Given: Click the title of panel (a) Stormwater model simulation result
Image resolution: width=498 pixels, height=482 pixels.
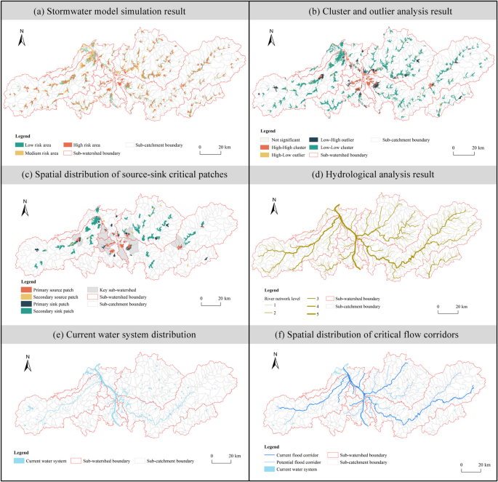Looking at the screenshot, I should click(x=124, y=11).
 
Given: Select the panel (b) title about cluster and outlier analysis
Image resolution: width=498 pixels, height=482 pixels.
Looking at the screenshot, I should click(x=373, y=11).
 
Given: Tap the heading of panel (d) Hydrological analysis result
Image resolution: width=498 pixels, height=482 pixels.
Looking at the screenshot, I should click(x=373, y=174).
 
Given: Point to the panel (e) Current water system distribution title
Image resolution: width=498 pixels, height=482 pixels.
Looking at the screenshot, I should click(x=124, y=334).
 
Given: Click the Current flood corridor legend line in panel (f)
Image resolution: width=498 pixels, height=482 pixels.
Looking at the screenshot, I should click(x=270, y=455).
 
